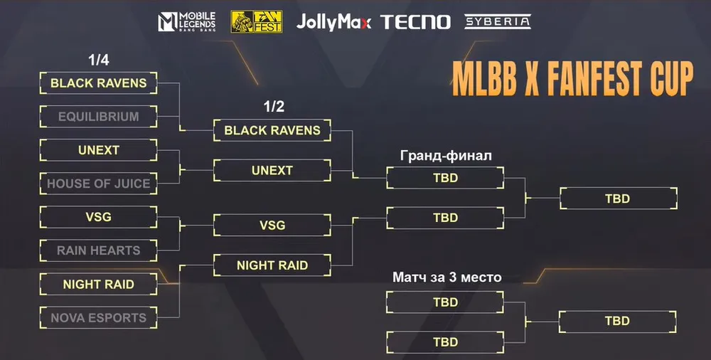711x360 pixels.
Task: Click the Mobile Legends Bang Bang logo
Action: point(186,21)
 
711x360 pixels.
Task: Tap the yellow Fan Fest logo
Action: point(256,21)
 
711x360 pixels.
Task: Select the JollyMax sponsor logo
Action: point(333,22)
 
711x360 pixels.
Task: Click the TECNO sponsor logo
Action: point(416,22)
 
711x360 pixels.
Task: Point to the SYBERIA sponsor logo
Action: point(498,21)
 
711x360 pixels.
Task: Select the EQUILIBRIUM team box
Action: point(99,117)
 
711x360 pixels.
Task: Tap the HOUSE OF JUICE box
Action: point(99,184)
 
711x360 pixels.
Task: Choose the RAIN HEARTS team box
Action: point(99,250)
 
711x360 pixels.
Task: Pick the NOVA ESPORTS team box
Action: point(99,318)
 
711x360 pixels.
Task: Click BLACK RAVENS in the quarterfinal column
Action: point(99,83)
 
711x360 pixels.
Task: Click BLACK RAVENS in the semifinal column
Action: point(272,131)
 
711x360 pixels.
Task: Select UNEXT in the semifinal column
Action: point(272,171)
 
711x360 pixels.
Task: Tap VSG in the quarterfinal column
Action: point(99,217)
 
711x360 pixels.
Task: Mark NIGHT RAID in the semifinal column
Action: point(272,265)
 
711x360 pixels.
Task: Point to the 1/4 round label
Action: point(98,60)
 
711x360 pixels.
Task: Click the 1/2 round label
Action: point(274,107)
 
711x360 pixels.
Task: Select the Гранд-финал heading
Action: point(445,156)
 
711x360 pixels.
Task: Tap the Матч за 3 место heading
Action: point(447,277)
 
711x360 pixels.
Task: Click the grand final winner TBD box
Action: point(617,198)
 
